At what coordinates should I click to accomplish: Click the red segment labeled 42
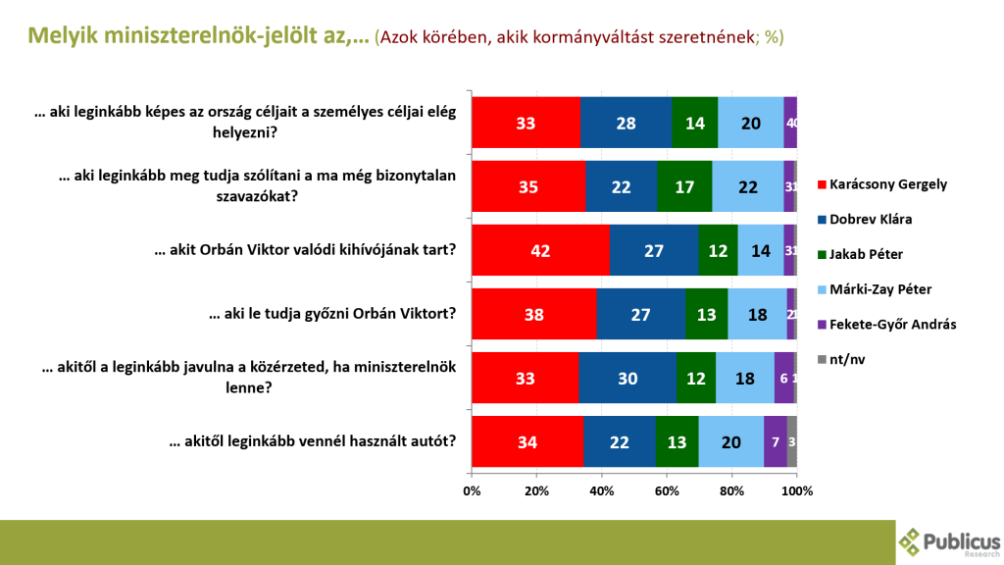pos(540,249)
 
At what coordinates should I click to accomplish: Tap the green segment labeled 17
pos(684,185)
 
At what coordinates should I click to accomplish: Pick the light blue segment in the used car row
pos(730,440)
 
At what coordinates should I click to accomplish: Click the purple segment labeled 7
pos(775,440)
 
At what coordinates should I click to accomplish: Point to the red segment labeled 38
pos(533,313)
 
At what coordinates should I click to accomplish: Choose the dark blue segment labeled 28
pos(626,122)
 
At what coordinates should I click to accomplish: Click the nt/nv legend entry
pos(845,358)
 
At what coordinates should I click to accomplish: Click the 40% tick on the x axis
pos(601,490)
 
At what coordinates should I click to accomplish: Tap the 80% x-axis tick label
pos(731,490)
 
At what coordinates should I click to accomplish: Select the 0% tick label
pos(472,490)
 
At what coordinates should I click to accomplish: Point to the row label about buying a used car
pos(312,440)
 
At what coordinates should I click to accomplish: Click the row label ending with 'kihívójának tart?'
pos(305,249)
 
